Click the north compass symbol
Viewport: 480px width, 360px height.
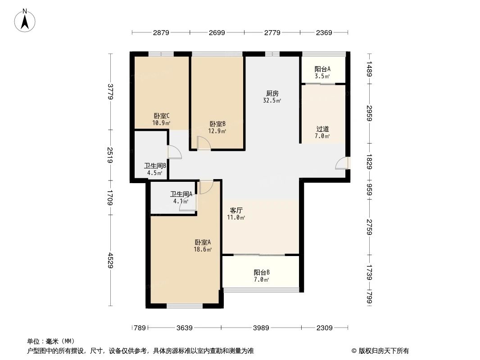pyautogui.click(x=25, y=20)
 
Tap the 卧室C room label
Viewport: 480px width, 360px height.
pyautogui.click(x=162, y=116)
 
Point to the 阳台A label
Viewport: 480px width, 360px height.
pyautogui.click(x=322, y=69)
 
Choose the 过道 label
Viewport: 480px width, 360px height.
pyautogui.click(x=322, y=129)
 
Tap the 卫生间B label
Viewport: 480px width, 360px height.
pyautogui.click(x=155, y=165)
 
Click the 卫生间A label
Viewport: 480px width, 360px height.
pyautogui.click(x=181, y=194)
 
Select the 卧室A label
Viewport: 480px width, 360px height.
pyautogui.click(x=203, y=242)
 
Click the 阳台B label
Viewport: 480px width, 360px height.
pyautogui.click(x=262, y=272)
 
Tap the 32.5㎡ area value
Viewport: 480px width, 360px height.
pyautogui.click(x=272, y=101)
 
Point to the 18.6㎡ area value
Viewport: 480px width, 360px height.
pyautogui.click(x=203, y=249)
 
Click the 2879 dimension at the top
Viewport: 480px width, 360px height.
pyautogui.click(x=161, y=32)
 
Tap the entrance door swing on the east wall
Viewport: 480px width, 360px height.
pyautogui.click(x=342, y=163)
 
